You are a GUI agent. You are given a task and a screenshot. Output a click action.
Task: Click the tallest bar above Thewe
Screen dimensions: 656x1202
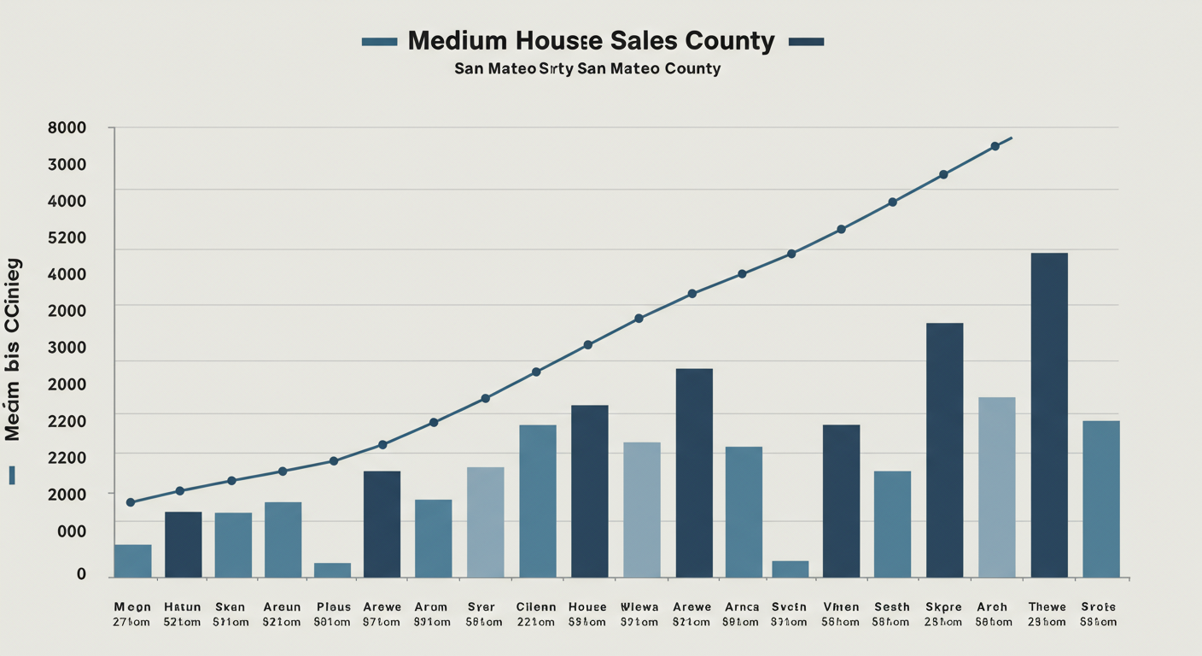tap(1048, 415)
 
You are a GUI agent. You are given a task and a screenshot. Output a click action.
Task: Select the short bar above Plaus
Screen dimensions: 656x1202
tap(332, 570)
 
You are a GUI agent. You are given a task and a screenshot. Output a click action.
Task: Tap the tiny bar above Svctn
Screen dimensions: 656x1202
tap(790, 569)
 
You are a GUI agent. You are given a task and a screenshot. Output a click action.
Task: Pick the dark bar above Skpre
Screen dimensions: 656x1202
tap(944, 450)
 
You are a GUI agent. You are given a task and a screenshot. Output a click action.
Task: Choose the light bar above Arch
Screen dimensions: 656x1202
tap(996, 487)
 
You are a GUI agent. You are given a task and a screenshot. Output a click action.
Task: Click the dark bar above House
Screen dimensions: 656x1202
tap(589, 491)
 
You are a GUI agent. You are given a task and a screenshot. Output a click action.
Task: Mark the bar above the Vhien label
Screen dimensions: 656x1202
tap(841, 501)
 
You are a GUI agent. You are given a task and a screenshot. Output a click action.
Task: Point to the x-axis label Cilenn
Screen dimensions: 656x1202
tap(536, 607)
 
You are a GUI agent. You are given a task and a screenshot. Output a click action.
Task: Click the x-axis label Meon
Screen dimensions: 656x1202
tap(131, 607)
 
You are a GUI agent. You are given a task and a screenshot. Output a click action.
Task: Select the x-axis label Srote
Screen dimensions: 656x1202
tap(1098, 607)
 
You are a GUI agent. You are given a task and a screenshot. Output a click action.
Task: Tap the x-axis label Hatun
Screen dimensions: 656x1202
tap(182, 607)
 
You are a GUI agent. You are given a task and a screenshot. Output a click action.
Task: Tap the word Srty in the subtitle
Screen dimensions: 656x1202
tap(556, 68)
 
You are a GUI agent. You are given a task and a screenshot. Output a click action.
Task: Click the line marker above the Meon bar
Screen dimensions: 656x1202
tap(131, 502)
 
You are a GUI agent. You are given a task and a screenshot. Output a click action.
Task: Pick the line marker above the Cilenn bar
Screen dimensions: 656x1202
tap(536, 372)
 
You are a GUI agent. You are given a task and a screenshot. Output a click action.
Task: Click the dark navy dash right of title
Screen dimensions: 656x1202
tap(806, 41)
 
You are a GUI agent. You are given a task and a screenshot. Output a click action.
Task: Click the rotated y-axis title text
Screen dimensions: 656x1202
tap(13, 350)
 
